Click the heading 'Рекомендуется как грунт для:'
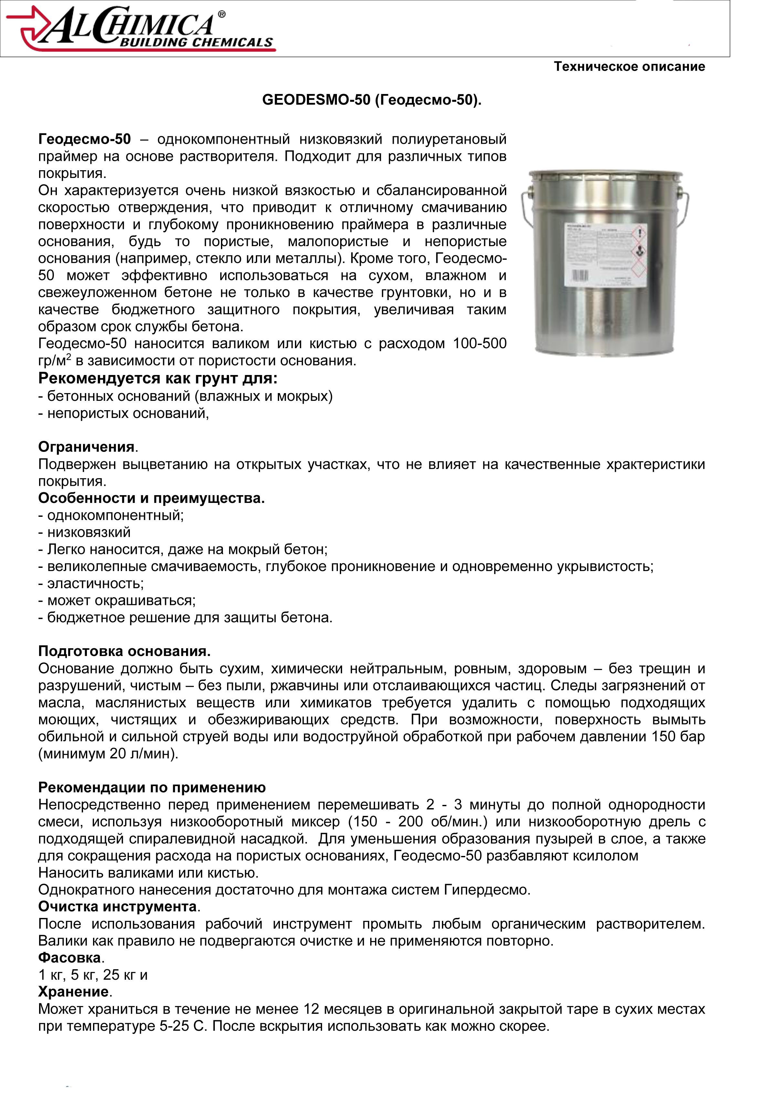pyautogui.click(x=158, y=379)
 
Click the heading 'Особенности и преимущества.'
pyautogui.click(x=151, y=498)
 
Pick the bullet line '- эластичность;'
pyautogui.click(x=91, y=584)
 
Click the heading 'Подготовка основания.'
pyautogui.click(x=124, y=651)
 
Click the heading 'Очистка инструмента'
pyautogui.click(x=118, y=907)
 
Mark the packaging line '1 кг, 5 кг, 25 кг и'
pyautogui.click(x=93, y=975)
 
